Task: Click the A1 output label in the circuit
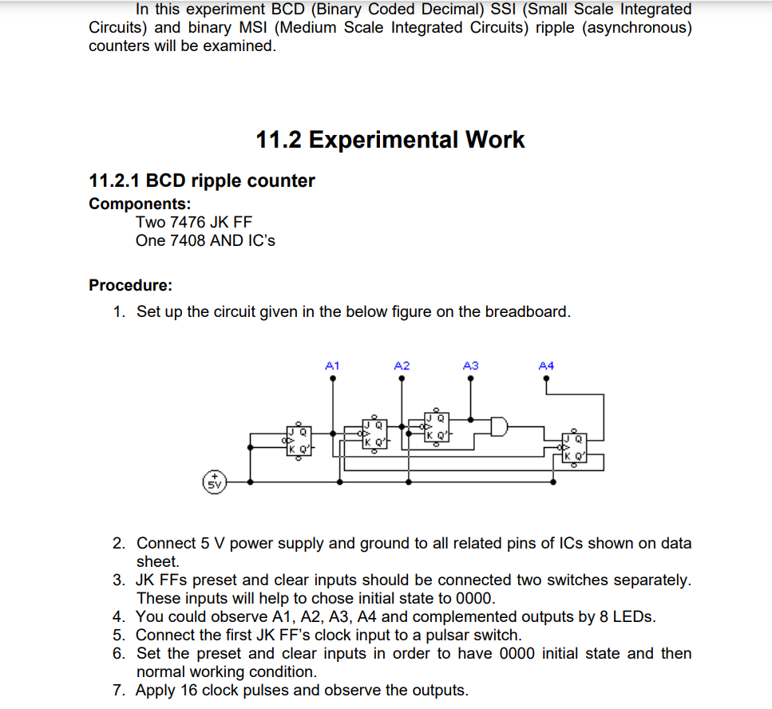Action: coord(333,365)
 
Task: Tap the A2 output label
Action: coord(402,365)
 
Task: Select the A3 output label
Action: coord(470,365)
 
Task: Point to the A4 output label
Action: coord(546,365)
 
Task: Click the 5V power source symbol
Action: coord(214,482)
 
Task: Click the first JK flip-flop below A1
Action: coord(298,441)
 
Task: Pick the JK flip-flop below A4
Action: coord(574,448)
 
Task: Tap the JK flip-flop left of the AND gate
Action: coord(436,428)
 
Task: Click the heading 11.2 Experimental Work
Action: coord(390,140)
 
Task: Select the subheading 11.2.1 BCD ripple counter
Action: coord(202,180)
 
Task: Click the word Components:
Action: coord(140,204)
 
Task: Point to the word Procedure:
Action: coord(130,285)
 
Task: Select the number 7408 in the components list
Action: coord(187,240)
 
